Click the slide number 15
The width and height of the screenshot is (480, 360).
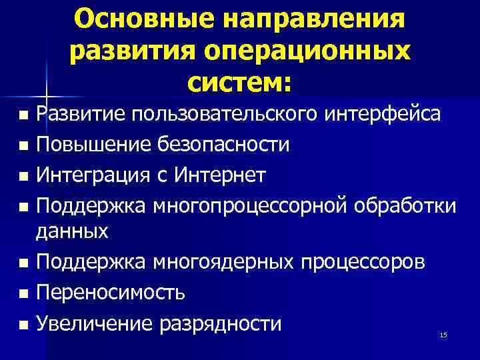coord(443,334)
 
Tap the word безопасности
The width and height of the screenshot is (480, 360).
coord(225,145)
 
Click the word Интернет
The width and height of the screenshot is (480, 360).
coord(221,175)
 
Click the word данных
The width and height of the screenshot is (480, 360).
coord(72,231)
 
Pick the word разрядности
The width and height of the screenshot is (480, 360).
coord(221,325)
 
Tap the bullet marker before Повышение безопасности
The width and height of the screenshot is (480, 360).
coord(25,145)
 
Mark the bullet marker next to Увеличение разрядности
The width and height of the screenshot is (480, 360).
coord(25,325)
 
